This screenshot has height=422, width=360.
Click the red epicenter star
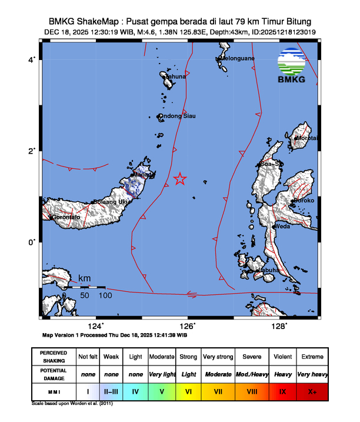[x=180, y=179]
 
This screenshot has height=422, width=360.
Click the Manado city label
[x=143, y=175]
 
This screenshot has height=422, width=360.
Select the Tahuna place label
[x=176, y=77]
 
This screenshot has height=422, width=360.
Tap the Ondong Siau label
[x=179, y=116]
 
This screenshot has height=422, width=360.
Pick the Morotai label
[x=307, y=138]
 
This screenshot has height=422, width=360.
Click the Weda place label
[x=282, y=226]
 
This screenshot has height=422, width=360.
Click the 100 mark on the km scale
[x=106, y=294]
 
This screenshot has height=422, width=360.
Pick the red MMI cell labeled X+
[x=311, y=391]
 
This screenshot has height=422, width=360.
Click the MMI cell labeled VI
[x=189, y=391]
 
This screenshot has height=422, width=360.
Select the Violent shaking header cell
[x=281, y=357]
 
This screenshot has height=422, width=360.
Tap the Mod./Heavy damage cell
[x=250, y=374]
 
